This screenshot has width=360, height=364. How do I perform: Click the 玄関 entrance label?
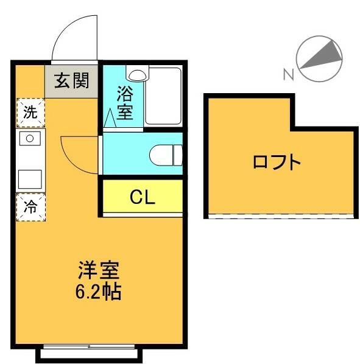(72, 80)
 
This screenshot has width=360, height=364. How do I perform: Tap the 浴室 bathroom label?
(125, 103)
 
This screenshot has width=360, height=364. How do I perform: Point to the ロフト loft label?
(277, 163)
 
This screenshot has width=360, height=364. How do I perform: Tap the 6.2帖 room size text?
(98, 292)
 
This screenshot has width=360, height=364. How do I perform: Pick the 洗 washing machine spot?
(29, 112)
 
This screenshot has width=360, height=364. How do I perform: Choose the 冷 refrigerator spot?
(29, 206)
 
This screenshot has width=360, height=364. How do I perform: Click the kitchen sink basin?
(29, 139)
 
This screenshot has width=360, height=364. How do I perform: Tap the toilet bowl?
(166, 154)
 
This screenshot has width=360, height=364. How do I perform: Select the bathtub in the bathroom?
(163, 96)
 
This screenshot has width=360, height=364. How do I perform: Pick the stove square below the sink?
(29, 179)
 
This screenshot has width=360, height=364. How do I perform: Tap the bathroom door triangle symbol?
(110, 118)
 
